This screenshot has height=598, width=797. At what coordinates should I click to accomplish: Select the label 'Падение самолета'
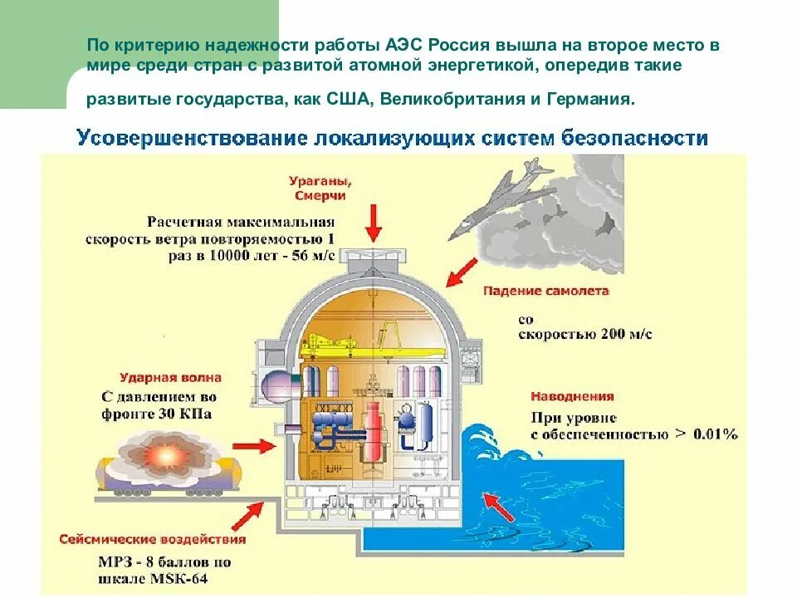coord(545,292)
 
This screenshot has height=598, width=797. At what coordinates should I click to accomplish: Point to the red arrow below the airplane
coord(462,272)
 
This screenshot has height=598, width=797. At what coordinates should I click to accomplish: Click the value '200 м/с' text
coord(621,334)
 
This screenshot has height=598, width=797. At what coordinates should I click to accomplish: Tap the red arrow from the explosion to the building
coord(259,447)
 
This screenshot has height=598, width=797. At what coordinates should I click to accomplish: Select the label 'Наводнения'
coord(573,397)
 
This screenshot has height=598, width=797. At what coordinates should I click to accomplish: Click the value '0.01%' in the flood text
coord(710,434)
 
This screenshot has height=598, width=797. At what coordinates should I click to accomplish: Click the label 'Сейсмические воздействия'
coord(152,539)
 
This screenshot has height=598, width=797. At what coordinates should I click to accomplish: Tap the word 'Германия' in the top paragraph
coord(591,99)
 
